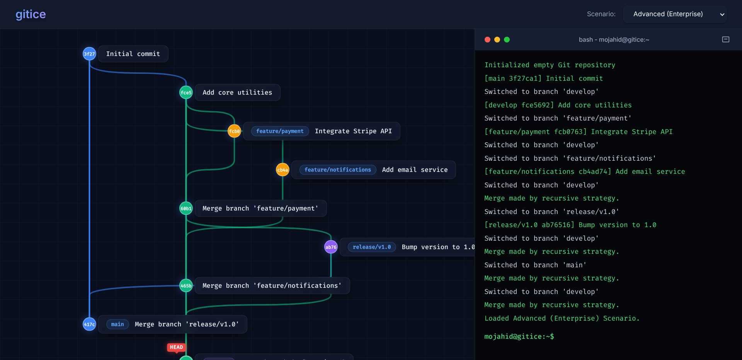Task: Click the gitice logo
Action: click(31, 14)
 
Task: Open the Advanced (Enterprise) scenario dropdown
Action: click(675, 14)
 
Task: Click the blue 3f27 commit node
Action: click(89, 54)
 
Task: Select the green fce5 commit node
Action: click(186, 92)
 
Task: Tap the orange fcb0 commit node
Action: click(234, 131)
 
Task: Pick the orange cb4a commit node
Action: click(283, 170)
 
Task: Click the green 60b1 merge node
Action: click(186, 208)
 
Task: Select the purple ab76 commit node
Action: click(331, 247)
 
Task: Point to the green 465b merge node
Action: click(186, 285)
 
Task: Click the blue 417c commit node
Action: click(89, 324)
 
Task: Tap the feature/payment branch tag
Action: click(280, 131)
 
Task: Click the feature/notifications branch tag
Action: click(337, 170)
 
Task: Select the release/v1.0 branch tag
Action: click(372, 247)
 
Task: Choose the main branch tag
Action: click(117, 324)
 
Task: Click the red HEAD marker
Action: click(177, 348)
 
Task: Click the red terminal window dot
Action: click(487, 39)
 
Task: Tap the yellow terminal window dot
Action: click(497, 39)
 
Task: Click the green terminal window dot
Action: click(507, 39)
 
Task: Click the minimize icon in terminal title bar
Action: click(726, 39)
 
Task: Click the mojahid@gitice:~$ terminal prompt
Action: click(519, 336)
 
